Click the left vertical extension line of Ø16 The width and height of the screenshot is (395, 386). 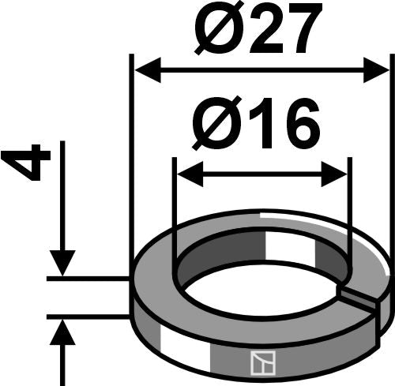173,213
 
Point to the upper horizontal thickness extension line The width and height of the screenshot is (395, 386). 87,279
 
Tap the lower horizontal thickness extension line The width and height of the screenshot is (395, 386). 87,317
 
